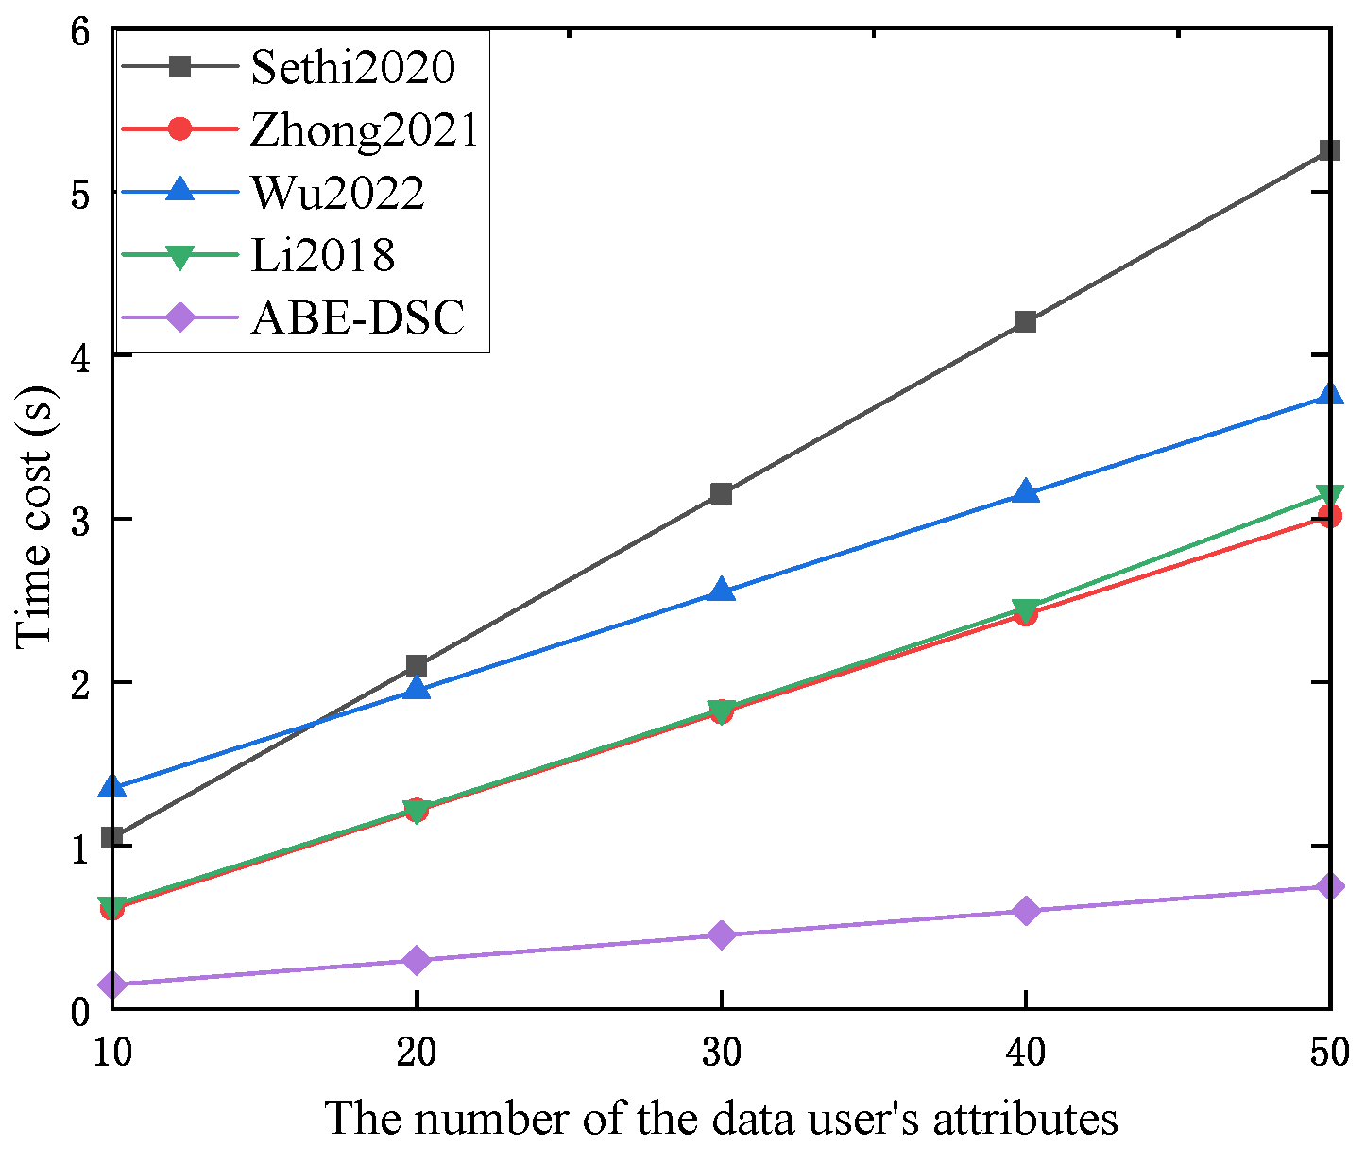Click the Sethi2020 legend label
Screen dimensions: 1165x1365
pos(352,67)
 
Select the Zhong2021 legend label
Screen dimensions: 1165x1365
pos(365,129)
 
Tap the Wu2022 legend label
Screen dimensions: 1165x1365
pos(337,192)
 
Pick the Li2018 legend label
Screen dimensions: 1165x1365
pos(322,255)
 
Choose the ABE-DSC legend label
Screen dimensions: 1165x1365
pos(358,317)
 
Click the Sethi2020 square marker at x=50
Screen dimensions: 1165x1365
pos(1329,150)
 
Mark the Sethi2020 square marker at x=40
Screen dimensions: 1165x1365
pos(1025,322)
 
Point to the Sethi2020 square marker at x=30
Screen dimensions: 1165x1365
pos(721,493)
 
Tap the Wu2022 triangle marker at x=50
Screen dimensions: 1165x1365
pos(1329,395)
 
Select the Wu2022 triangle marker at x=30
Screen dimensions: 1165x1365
pos(721,591)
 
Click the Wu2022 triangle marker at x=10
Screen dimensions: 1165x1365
pos(113,786)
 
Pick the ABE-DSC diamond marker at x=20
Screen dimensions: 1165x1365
pos(417,960)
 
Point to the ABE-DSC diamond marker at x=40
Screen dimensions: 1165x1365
pos(1025,911)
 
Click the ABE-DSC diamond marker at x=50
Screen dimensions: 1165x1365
pos(1329,886)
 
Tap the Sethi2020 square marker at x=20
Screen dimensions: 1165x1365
pos(417,665)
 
